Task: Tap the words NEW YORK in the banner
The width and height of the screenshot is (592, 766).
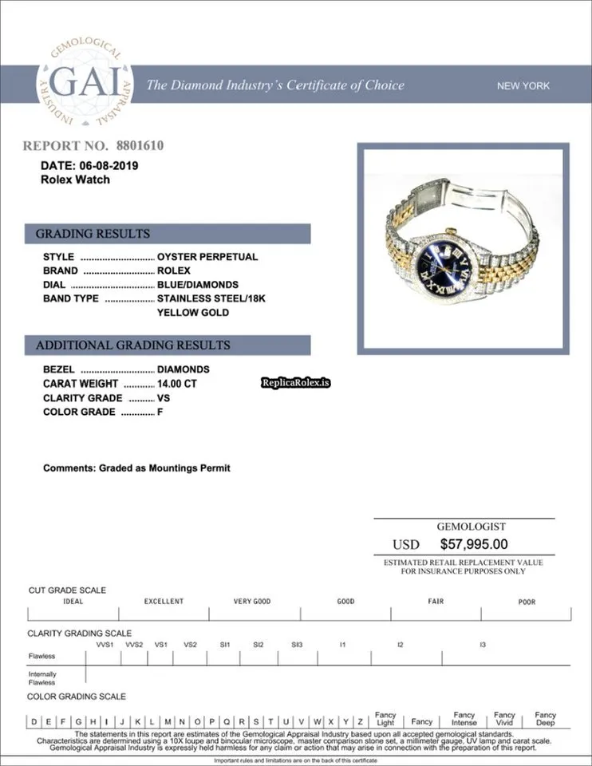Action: [x=523, y=86]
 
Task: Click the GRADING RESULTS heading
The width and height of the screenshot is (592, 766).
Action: [x=93, y=234]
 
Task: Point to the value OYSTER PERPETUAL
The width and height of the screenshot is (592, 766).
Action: [x=207, y=257]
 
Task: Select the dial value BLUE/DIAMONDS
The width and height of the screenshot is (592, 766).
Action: [x=198, y=285]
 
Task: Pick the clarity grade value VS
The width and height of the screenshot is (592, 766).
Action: [x=164, y=398]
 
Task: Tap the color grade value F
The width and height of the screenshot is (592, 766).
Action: [x=160, y=413]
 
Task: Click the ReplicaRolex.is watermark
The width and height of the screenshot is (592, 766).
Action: [x=295, y=383]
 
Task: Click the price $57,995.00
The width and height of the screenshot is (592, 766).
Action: [x=474, y=545]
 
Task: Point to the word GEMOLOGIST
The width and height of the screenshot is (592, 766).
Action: [x=471, y=527]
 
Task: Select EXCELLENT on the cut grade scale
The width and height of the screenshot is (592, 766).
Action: [x=164, y=602]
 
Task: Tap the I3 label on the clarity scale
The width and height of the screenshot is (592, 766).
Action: [x=482, y=645]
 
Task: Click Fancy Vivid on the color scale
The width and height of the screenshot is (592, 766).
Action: [x=504, y=719]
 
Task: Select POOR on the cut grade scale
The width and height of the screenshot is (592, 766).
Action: [x=527, y=602]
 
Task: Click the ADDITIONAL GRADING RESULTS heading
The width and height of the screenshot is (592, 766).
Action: [x=133, y=345]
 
